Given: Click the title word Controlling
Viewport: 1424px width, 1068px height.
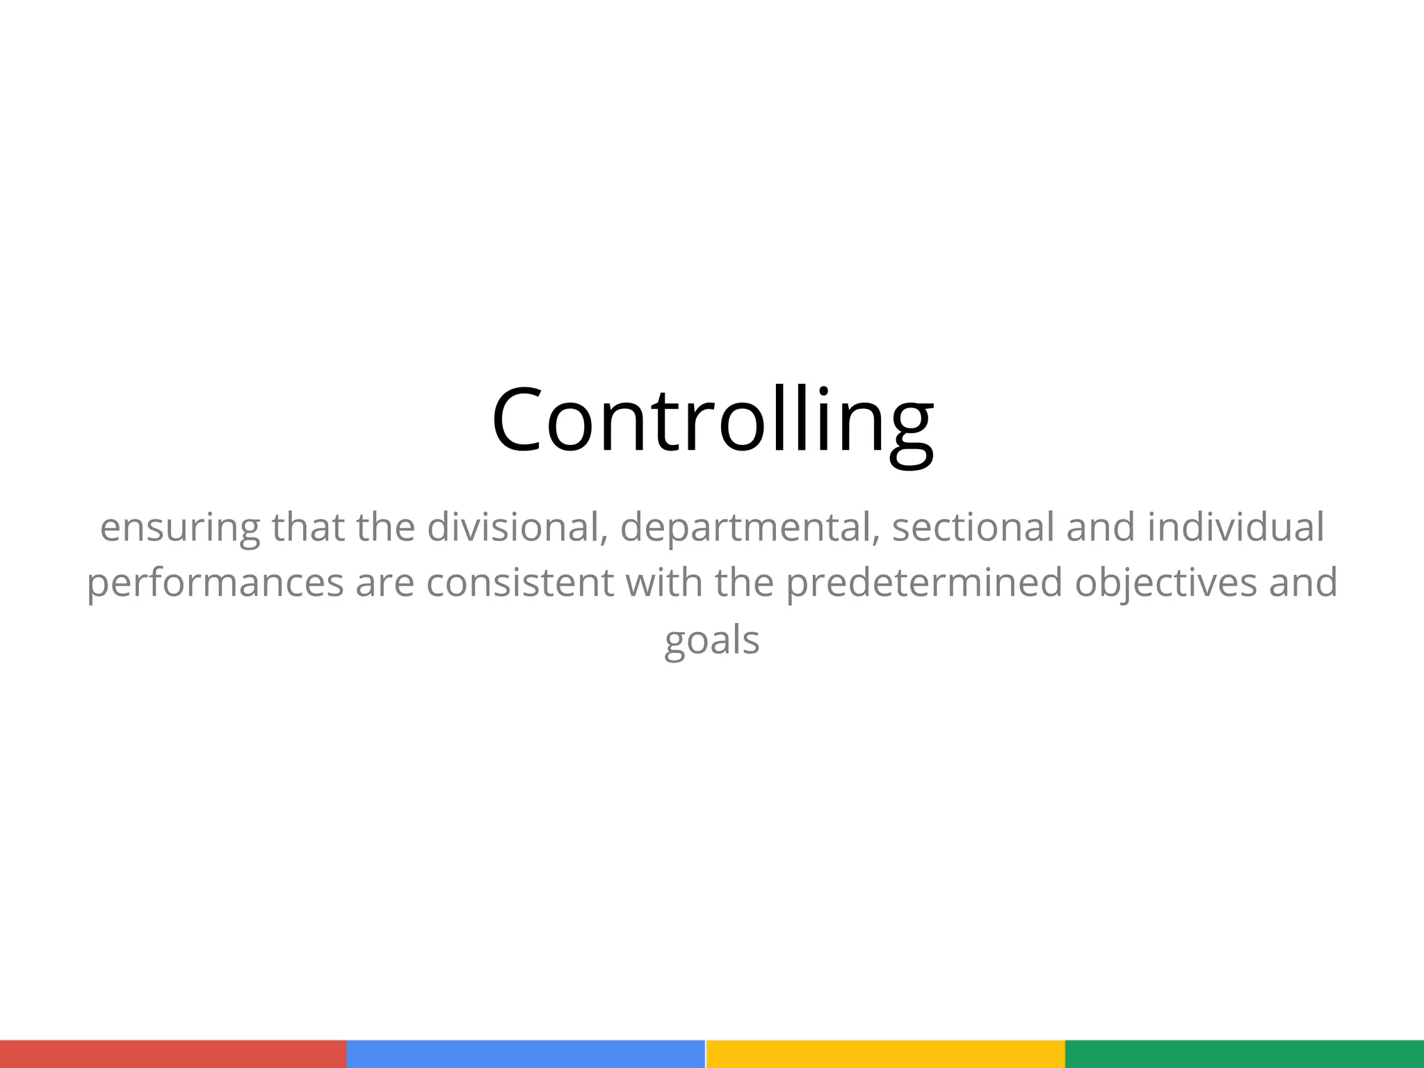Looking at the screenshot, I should click(712, 421).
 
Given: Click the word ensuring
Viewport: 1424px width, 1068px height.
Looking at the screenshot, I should click(179, 528).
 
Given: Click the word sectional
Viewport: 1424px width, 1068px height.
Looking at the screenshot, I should click(973, 526).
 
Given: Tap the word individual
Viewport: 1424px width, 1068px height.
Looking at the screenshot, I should click(1235, 526).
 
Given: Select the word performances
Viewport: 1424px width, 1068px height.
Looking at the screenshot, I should click(215, 583).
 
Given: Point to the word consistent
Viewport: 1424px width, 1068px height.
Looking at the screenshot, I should click(520, 582).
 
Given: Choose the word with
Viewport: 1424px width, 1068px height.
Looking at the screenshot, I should click(664, 582).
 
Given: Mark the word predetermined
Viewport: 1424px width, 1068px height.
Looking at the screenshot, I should click(924, 583).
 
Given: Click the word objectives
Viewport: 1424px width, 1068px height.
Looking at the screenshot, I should click(1165, 583).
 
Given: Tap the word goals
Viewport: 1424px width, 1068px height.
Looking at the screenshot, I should click(712, 640).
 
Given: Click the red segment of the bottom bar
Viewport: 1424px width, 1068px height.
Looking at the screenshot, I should click(173, 1054).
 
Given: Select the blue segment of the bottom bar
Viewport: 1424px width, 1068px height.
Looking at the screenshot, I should click(526, 1054).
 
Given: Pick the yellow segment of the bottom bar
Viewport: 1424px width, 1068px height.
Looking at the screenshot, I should click(885, 1054).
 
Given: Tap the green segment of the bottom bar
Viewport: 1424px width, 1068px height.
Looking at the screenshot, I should click(1245, 1054).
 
